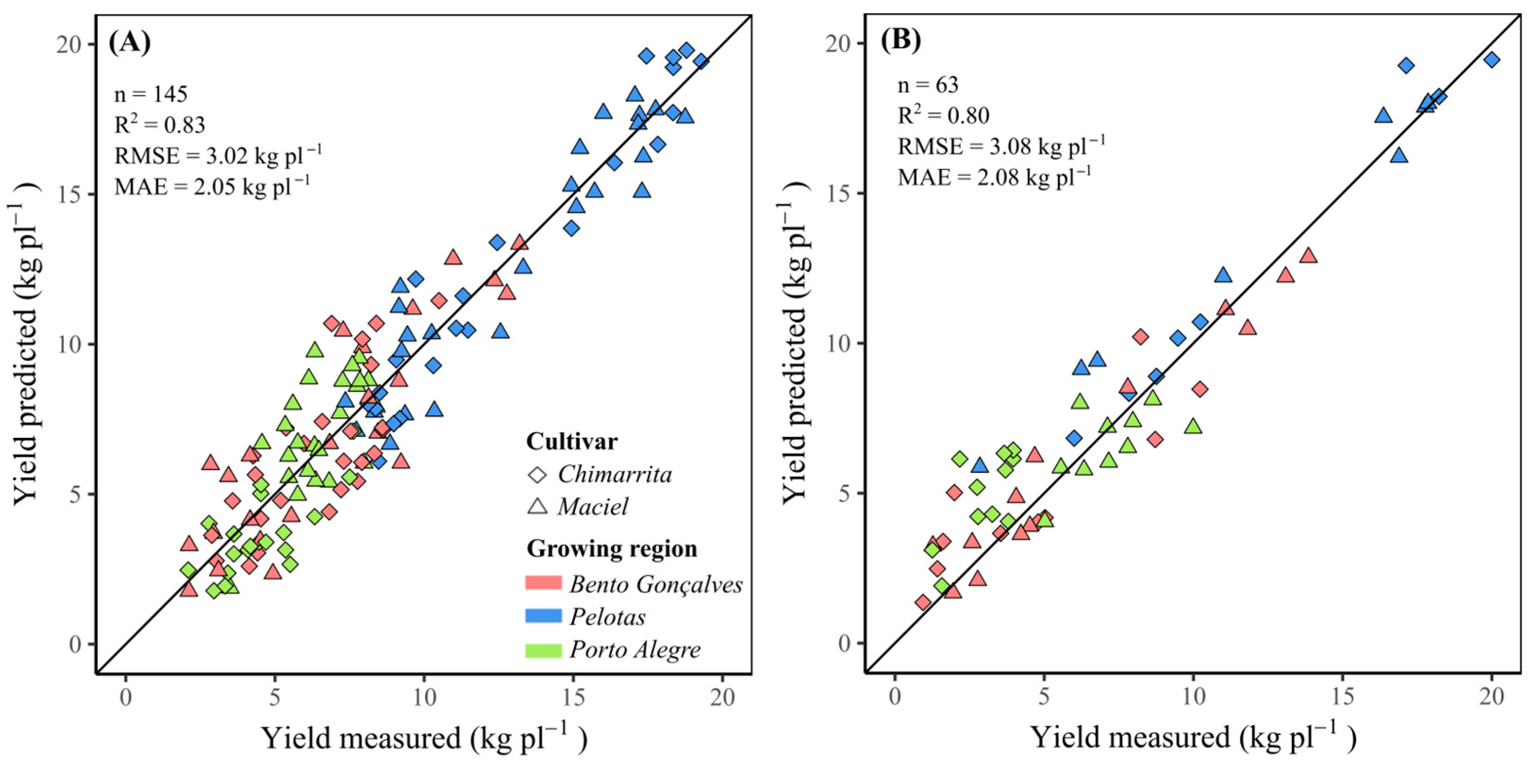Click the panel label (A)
click(129, 42)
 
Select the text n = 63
click(928, 85)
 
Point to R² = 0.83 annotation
click(159, 124)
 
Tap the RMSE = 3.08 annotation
click(1001, 146)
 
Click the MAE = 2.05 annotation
click(212, 186)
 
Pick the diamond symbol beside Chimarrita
click(537, 474)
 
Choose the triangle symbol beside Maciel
click(537, 506)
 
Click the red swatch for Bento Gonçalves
click(543, 583)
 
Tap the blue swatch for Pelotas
click(543, 616)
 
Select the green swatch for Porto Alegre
click(543, 650)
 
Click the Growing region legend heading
click(612, 548)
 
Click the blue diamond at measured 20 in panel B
click(1491, 59)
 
